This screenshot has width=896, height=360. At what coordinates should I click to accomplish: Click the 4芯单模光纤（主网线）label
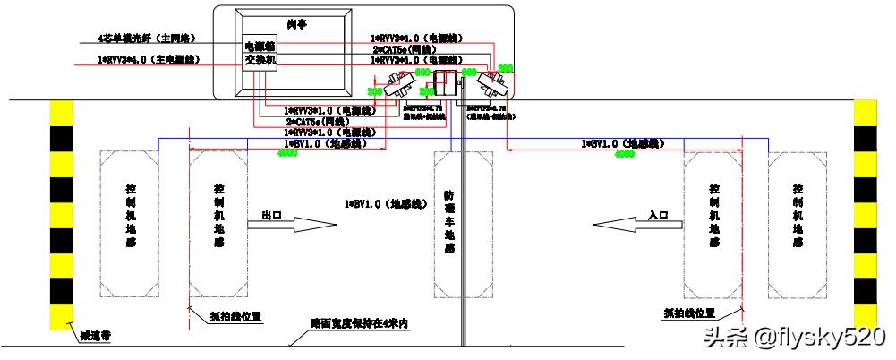click(x=147, y=39)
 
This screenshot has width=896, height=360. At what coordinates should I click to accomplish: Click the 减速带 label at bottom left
click(x=96, y=337)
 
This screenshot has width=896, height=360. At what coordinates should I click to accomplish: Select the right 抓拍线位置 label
click(x=690, y=313)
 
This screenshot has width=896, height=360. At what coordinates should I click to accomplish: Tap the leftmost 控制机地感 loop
click(x=131, y=224)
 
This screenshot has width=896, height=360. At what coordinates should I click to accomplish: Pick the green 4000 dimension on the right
click(x=624, y=153)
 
